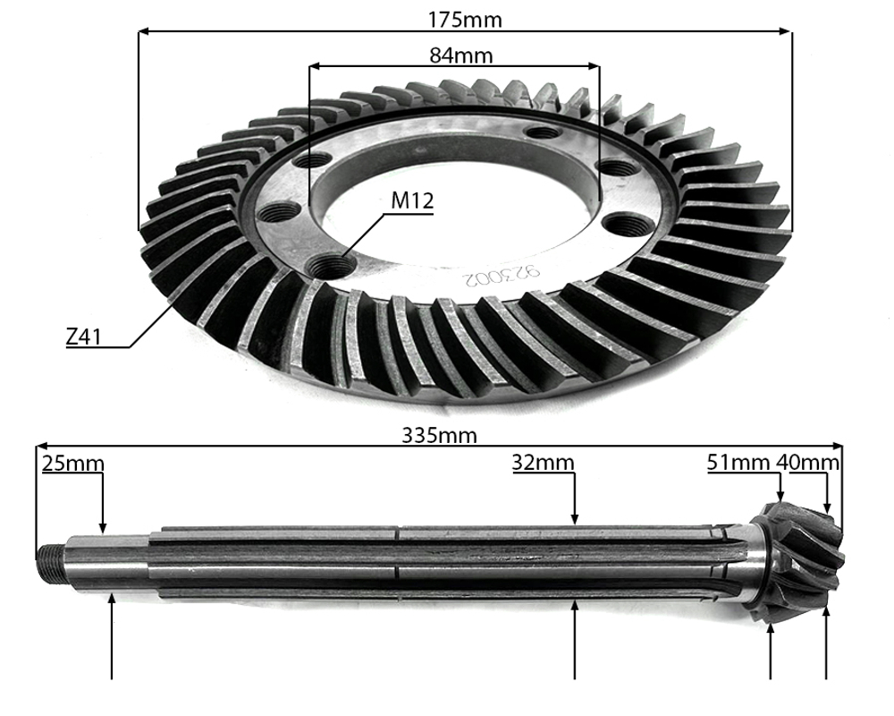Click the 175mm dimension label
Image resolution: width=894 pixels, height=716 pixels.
[x=465, y=19]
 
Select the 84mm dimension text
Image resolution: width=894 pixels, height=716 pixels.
[x=461, y=55]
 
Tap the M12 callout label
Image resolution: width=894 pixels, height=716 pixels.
[x=412, y=200]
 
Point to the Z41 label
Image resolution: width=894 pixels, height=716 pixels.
[x=86, y=337]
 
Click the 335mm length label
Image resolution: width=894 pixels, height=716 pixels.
[x=439, y=436]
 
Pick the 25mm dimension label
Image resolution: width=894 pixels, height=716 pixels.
[x=72, y=464]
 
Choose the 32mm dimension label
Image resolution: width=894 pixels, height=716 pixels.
[x=543, y=464]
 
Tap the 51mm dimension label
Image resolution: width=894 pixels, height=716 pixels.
[x=738, y=464]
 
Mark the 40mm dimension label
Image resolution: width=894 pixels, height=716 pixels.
[x=808, y=464]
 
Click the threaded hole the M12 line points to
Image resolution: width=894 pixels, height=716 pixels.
[x=331, y=266]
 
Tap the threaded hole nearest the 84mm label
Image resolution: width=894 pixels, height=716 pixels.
[x=544, y=132]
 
